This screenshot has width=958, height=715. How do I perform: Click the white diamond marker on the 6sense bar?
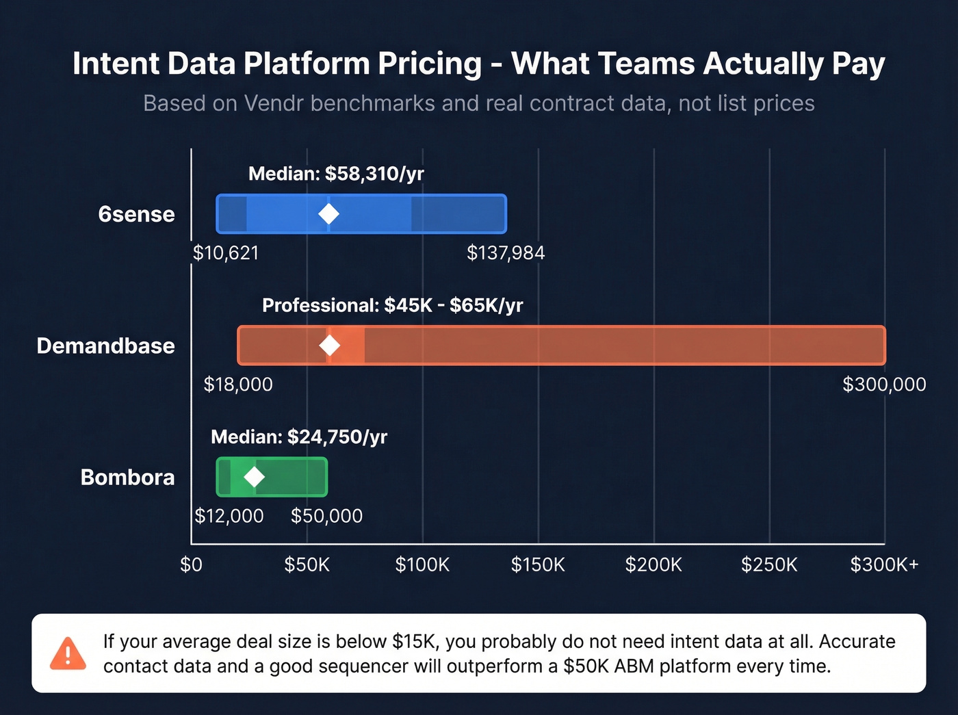(328, 214)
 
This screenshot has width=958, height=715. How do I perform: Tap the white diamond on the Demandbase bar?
(330, 346)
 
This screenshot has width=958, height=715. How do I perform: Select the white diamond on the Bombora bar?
(255, 477)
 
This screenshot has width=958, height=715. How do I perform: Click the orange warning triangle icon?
(68, 653)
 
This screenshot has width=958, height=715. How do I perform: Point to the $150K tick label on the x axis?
(538, 564)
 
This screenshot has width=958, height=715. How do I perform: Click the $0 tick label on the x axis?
(191, 564)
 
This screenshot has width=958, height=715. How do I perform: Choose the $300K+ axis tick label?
(884, 564)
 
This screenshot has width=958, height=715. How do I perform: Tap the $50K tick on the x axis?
(307, 564)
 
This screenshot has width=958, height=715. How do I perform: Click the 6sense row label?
(136, 214)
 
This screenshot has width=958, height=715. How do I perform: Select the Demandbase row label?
(105, 346)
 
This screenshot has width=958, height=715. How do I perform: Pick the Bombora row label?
(127, 477)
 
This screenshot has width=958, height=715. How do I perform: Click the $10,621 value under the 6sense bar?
(226, 253)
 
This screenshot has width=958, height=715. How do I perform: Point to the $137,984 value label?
(506, 253)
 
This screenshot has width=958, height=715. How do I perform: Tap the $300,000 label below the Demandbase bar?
(884, 385)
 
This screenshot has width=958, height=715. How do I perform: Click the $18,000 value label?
(238, 385)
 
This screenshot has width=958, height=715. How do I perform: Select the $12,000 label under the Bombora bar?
(229, 516)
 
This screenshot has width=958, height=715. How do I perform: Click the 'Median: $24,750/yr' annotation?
(299, 437)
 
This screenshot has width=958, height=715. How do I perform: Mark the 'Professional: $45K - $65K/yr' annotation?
(392, 305)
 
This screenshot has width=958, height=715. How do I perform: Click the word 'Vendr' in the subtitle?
(274, 103)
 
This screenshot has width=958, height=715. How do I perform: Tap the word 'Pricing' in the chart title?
(430, 64)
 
